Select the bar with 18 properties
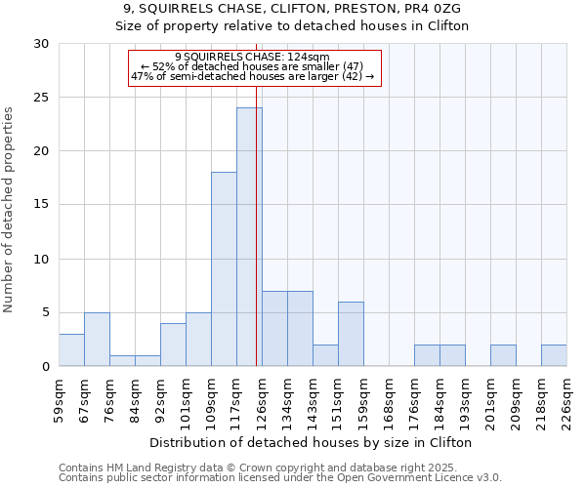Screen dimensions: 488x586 point(224,269)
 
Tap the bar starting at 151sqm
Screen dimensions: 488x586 point(351,334)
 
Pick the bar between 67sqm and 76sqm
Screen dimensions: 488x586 point(97,340)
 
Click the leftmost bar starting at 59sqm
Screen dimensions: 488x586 point(71,350)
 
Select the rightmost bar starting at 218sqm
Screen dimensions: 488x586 point(554,355)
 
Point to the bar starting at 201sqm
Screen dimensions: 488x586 point(503,355)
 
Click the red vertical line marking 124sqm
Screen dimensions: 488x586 point(257,215)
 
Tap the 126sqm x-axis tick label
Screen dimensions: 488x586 point(262,398)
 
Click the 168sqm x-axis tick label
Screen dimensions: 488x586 point(389,398)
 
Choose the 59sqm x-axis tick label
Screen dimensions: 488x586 point(59,398)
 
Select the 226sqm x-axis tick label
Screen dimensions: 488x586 point(566,398)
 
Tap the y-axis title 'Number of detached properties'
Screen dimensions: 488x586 point(10,210)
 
